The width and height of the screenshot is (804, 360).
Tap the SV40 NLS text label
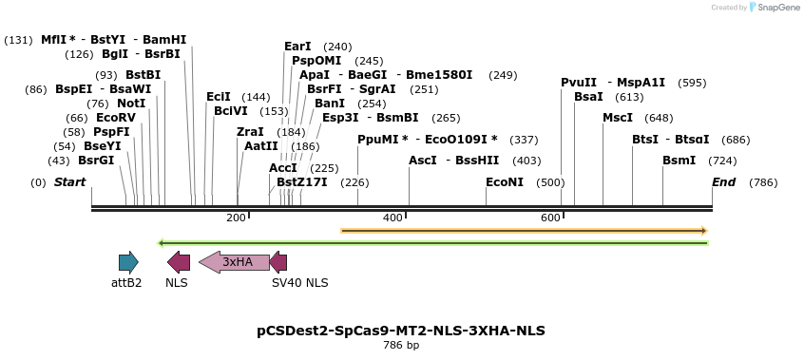point(299,283)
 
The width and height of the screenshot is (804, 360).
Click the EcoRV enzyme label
point(116,118)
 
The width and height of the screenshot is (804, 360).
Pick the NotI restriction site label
point(131,104)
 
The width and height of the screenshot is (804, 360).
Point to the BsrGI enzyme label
point(96,161)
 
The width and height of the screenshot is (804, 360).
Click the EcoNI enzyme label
point(505,182)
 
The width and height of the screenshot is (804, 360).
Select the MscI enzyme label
point(618,118)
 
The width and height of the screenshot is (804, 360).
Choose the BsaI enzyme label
point(588,97)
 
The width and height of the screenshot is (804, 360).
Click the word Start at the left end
point(69,182)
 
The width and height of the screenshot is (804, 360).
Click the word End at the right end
point(724,182)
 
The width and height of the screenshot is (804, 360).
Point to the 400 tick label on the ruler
point(392,218)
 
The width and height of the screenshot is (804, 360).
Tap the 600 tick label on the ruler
point(550,218)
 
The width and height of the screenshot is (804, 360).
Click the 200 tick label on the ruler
point(236,218)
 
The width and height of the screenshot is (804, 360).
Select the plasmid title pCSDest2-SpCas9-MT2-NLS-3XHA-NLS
point(401,331)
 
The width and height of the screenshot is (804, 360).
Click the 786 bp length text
point(401,346)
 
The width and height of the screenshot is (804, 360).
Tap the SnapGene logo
point(777,8)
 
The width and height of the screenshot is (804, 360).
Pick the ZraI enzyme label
point(250,132)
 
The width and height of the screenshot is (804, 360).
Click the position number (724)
point(722,161)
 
